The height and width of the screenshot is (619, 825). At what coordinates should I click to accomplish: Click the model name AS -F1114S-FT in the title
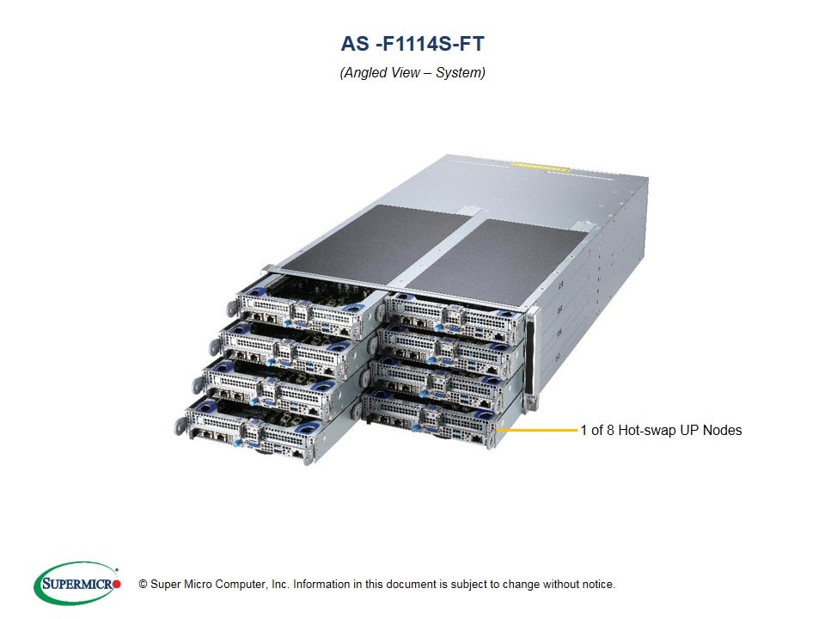[412, 44]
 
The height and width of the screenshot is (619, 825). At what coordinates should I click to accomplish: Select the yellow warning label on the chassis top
[541, 167]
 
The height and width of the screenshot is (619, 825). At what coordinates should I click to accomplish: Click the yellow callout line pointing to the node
[536, 430]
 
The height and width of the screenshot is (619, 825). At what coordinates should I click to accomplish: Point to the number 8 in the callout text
[610, 430]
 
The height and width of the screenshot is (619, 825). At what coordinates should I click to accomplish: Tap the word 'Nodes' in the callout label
[723, 430]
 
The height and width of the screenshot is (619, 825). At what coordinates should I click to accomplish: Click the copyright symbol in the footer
[143, 585]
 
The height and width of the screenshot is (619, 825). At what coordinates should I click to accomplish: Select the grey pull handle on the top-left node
[232, 309]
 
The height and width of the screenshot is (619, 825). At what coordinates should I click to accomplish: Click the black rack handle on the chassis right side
[530, 355]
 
